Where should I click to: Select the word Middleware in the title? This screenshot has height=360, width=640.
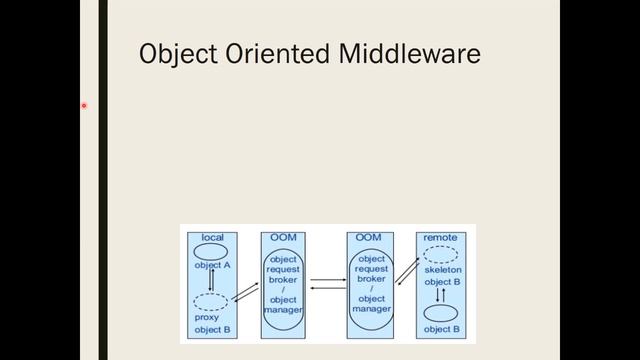pos(410,54)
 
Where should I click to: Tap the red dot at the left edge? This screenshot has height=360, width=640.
pos(85,105)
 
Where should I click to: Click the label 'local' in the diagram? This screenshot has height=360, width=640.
pos(212,237)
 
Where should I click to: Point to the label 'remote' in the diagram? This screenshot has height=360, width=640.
pos(441,237)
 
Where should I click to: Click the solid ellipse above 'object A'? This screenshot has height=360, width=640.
pos(212,252)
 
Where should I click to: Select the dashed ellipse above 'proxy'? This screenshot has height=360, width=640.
pos(211,301)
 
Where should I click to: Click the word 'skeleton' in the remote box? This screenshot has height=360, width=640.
pos(441,271)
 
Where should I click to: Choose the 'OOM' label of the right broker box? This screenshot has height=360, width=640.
pos(370,237)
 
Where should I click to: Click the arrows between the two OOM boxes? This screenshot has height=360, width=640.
pos(327,284)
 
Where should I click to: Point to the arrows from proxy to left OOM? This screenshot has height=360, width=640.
pos(244,292)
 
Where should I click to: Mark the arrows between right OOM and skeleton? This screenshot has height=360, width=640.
pos(406,270)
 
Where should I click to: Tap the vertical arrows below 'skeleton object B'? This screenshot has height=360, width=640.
pos(441,295)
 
